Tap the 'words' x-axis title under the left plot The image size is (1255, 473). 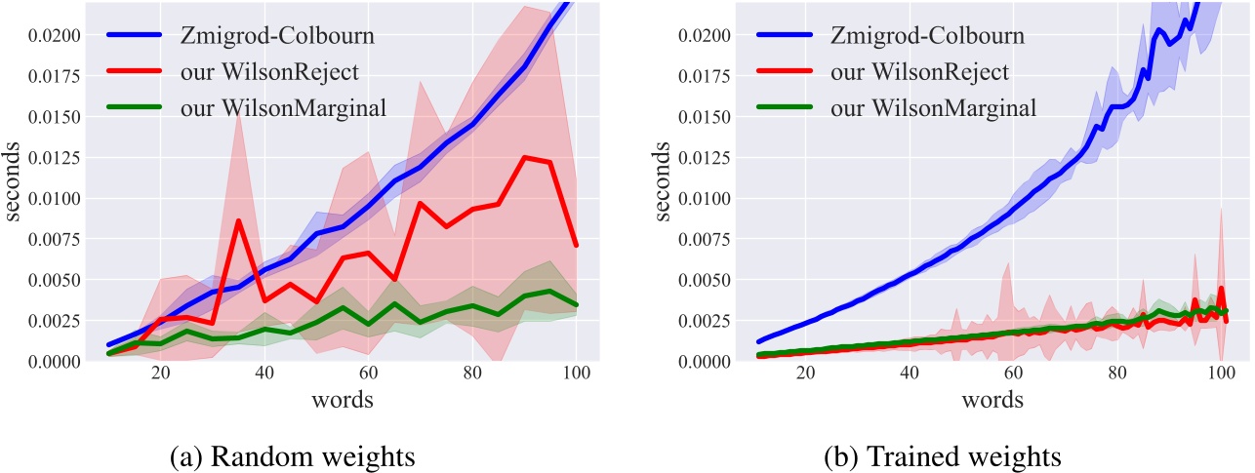343,401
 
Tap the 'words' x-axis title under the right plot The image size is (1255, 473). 992,401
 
